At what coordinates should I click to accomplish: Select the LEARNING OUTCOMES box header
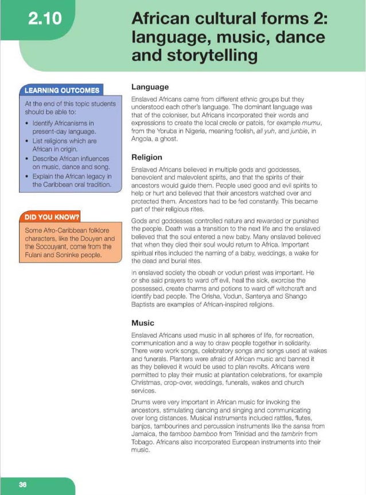61,90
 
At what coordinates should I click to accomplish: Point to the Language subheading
150,87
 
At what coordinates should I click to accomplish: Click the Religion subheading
147,157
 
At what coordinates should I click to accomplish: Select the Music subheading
143,323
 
